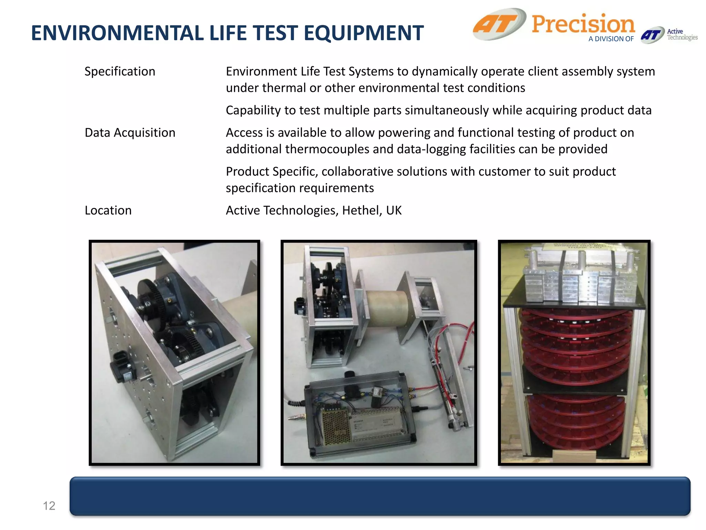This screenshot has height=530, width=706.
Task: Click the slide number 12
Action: pos(49,506)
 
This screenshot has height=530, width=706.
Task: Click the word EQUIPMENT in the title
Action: pos(364,33)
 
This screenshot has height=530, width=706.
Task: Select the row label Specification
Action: pos(120,71)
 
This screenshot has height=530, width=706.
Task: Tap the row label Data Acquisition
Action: pos(130,133)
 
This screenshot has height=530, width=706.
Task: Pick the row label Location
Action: pos(108,210)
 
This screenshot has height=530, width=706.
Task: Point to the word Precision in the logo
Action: pos(583,24)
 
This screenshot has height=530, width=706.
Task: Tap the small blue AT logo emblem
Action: pos(652,35)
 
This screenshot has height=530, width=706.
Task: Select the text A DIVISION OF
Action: pos(611,39)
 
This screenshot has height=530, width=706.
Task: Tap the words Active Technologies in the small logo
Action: pos(682,35)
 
